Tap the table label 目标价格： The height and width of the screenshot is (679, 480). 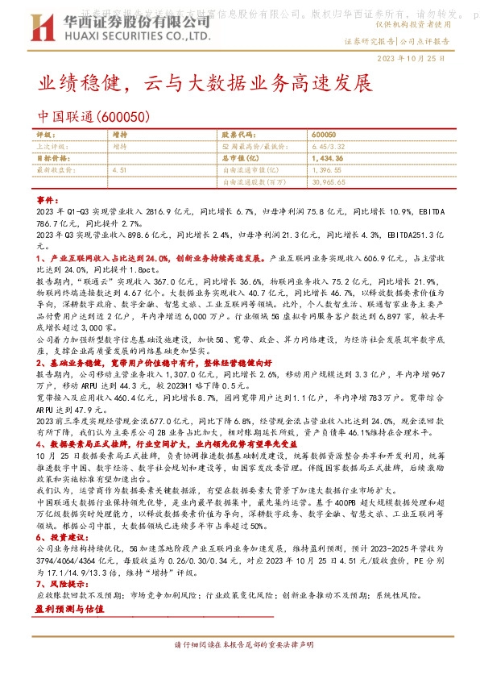point(56,159)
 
